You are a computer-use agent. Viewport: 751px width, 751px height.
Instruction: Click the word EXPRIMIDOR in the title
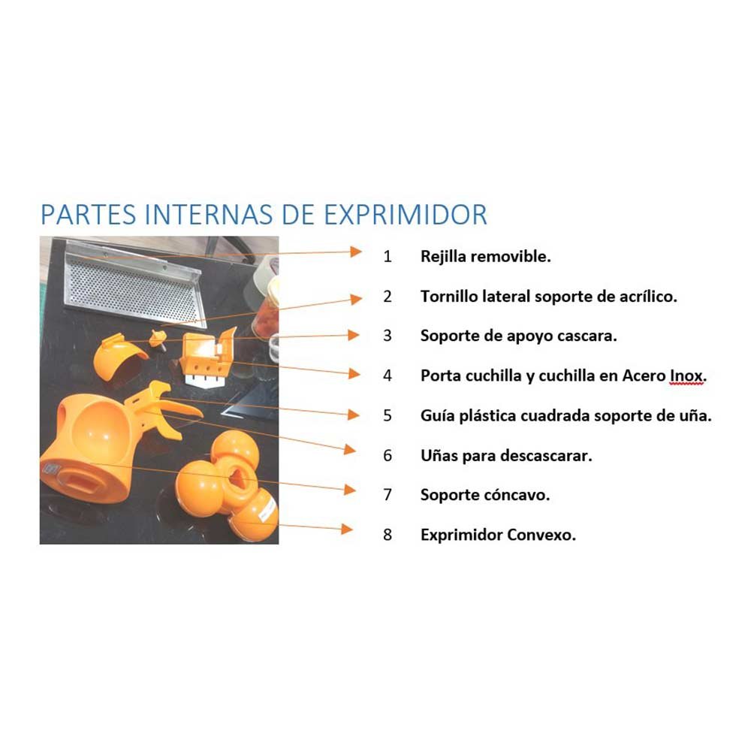pyautogui.click(x=406, y=215)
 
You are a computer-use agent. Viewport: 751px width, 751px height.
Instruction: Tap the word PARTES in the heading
pyautogui.click(x=89, y=215)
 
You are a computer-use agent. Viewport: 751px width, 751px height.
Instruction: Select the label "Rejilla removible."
pyautogui.click(x=486, y=257)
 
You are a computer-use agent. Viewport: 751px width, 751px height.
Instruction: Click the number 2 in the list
pyautogui.click(x=388, y=297)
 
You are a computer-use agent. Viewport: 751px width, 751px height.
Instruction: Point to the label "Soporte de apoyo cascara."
pyautogui.click(x=519, y=336)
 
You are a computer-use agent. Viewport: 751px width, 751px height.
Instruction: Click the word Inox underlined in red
pyautogui.click(x=688, y=376)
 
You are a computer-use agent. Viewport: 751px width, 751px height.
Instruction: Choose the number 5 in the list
pyautogui.click(x=388, y=415)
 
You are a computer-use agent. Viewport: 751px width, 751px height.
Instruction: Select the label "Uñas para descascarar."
pyautogui.click(x=506, y=456)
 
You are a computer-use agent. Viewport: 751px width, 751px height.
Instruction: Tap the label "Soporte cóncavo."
pyautogui.click(x=485, y=495)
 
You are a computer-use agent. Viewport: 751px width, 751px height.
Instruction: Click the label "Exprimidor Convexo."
pyautogui.click(x=498, y=535)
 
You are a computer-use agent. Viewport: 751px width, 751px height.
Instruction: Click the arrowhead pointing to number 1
pyautogui.click(x=355, y=252)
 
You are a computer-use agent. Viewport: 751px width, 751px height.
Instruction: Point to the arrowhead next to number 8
pyautogui.click(x=347, y=529)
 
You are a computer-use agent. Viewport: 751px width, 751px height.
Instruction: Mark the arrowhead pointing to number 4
pyautogui.click(x=354, y=373)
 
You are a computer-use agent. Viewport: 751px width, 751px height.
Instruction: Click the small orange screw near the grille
pyautogui.click(x=157, y=339)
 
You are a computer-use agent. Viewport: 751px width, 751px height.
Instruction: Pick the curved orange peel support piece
pyautogui.click(x=116, y=355)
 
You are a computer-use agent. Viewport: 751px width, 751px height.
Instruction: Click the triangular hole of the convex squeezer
pyautogui.click(x=237, y=477)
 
